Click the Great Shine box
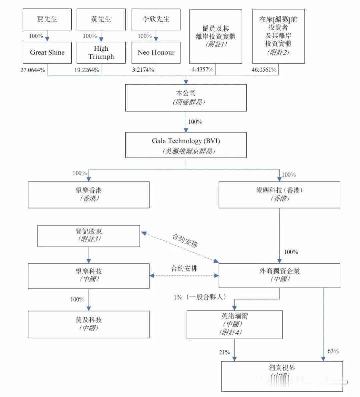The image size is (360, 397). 47,53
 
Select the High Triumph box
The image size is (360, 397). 101,53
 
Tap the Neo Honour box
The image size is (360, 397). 156,53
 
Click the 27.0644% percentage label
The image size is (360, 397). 33,70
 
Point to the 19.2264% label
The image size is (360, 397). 87,70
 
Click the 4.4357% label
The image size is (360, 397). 202,70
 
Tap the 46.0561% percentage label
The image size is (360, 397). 264,70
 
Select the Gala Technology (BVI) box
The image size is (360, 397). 186,145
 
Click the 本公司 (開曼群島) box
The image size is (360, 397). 186,98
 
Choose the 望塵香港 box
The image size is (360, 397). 88,195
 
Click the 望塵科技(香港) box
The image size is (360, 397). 279,195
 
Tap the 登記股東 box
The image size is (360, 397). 88,236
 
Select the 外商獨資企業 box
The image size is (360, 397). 279,276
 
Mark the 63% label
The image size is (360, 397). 333,351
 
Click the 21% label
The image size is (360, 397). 225,352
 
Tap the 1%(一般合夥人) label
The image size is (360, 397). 200,297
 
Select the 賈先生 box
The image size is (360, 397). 47,19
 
